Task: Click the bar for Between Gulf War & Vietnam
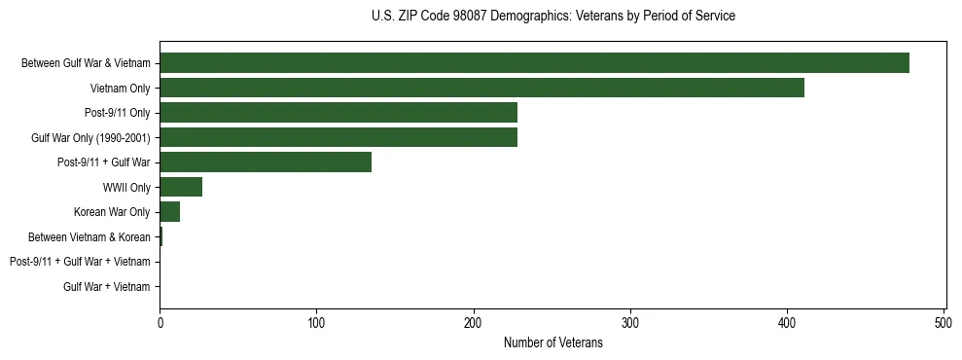click(x=534, y=63)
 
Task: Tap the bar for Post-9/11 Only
click(x=338, y=113)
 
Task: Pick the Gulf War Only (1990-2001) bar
click(x=338, y=137)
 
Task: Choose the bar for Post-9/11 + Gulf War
click(x=266, y=162)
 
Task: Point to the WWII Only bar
click(x=181, y=187)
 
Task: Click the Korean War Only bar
click(x=170, y=212)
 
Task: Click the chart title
click(x=553, y=17)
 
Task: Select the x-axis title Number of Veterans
click(x=553, y=343)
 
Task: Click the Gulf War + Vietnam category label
click(x=107, y=287)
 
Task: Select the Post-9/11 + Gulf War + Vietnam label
click(x=80, y=262)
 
